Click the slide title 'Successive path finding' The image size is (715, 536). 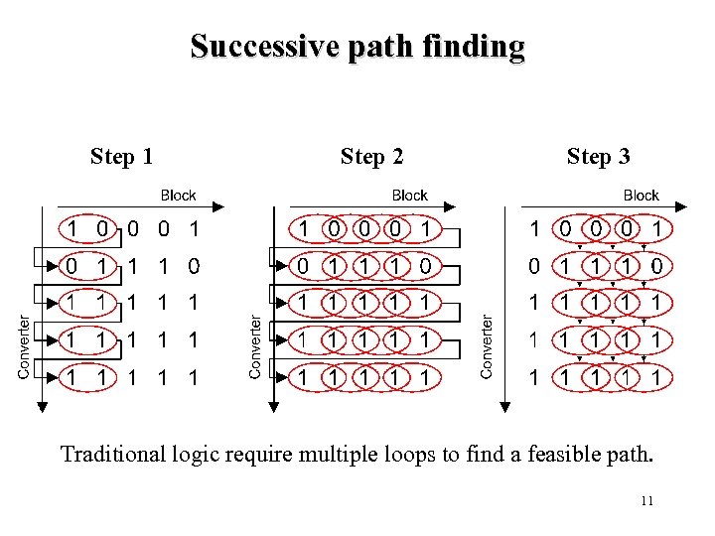pos(357,47)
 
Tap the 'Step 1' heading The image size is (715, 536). pos(121,156)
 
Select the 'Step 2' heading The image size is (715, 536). pos(371,156)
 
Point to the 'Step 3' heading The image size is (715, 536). pos(598,156)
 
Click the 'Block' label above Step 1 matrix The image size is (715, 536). pos(178,196)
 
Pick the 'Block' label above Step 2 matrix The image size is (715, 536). pos(409,196)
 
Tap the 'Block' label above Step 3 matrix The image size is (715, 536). pos(641,196)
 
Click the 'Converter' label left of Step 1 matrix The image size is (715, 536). pos(24,346)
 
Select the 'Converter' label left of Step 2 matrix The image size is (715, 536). pos(255,346)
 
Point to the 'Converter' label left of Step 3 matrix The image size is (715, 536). pos(487,346)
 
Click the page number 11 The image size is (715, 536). pos(646,501)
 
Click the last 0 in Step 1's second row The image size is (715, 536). pos(195,266)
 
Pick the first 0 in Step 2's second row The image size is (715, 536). pos(305,266)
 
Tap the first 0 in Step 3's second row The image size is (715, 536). pos(535,266)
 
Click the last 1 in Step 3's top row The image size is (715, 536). pos(657,229)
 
